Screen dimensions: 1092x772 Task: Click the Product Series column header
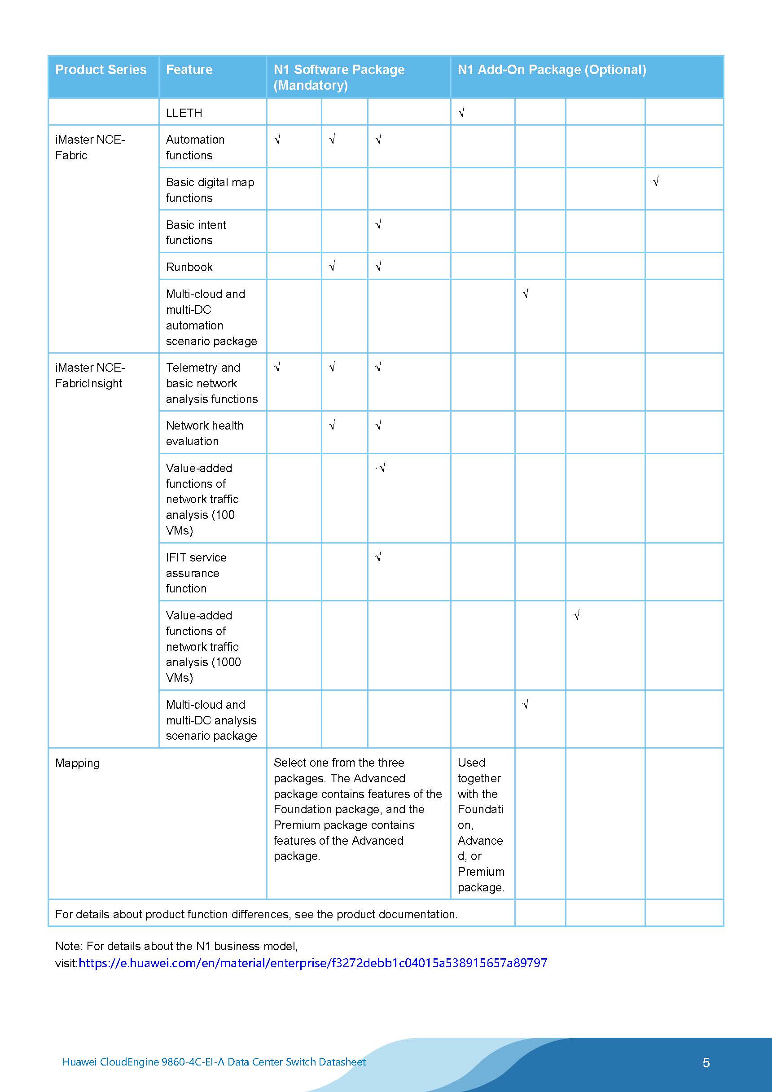click(x=101, y=70)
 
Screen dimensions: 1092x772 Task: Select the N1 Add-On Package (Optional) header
click(x=551, y=70)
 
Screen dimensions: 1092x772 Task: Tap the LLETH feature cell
click(x=184, y=113)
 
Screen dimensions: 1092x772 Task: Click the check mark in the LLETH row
click(x=461, y=113)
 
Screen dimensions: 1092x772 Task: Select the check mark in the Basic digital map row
click(x=655, y=182)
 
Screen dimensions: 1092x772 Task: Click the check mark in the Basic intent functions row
click(x=378, y=224)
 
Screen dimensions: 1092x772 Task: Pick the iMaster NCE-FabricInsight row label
click(x=89, y=376)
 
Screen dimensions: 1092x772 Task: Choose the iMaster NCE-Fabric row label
click(x=89, y=147)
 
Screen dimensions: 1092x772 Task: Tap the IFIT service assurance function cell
click(x=196, y=573)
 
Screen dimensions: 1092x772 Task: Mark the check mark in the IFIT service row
click(x=378, y=557)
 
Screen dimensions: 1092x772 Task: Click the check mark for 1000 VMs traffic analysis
click(x=576, y=615)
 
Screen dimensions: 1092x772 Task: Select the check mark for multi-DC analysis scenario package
click(x=525, y=704)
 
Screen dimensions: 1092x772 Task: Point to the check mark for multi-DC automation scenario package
click(x=525, y=294)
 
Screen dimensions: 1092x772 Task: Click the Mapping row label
click(x=78, y=763)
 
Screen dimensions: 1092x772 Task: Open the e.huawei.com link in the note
click(x=312, y=963)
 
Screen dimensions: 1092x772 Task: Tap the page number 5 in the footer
click(x=706, y=1062)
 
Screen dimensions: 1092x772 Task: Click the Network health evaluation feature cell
click(x=205, y=433)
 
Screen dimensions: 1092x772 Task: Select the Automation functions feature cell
click(x=195, y=147)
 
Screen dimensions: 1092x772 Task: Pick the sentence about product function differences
click(x=256, y=914)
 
